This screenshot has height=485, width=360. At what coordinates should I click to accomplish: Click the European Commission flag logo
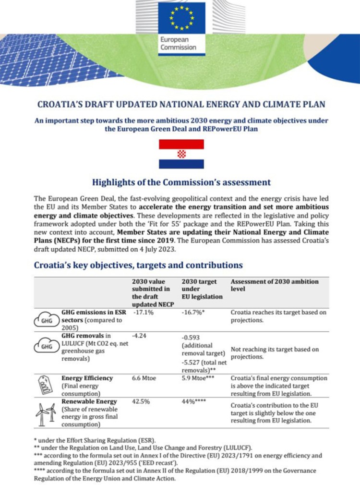pos(180,20)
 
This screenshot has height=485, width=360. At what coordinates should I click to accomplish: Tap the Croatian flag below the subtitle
pos(181,154)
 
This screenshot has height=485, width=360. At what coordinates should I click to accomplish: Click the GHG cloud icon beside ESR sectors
pos(46,319)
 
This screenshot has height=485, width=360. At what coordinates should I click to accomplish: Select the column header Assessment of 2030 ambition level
pos(275,285)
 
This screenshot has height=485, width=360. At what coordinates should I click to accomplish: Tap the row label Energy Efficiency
pos(87,378)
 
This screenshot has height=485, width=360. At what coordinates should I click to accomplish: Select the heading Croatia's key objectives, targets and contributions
pos(139,265)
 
